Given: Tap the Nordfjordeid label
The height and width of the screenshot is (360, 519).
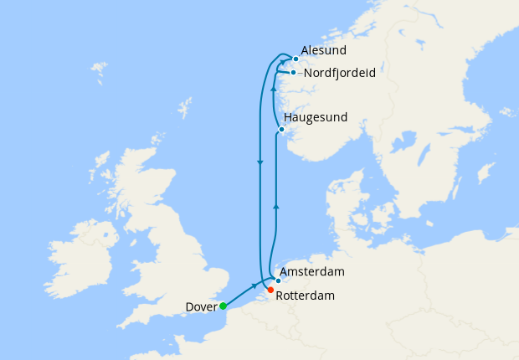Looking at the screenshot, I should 339,73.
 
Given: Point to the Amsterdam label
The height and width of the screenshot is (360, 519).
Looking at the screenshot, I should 313,272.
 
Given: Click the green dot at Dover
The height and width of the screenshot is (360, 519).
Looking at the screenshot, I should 223,306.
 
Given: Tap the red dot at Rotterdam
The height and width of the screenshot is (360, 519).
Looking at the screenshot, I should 270,290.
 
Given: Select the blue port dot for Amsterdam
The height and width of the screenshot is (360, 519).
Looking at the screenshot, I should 278,280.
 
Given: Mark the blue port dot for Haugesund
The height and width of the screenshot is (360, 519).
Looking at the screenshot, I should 282,129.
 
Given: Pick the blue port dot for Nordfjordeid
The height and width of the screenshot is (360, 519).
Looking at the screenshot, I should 293,73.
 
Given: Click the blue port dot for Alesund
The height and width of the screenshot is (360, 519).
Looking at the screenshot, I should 295,59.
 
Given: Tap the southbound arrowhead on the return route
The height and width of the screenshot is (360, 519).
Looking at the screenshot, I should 260,162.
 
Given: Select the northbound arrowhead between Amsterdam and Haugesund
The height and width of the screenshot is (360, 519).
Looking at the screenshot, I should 276,205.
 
